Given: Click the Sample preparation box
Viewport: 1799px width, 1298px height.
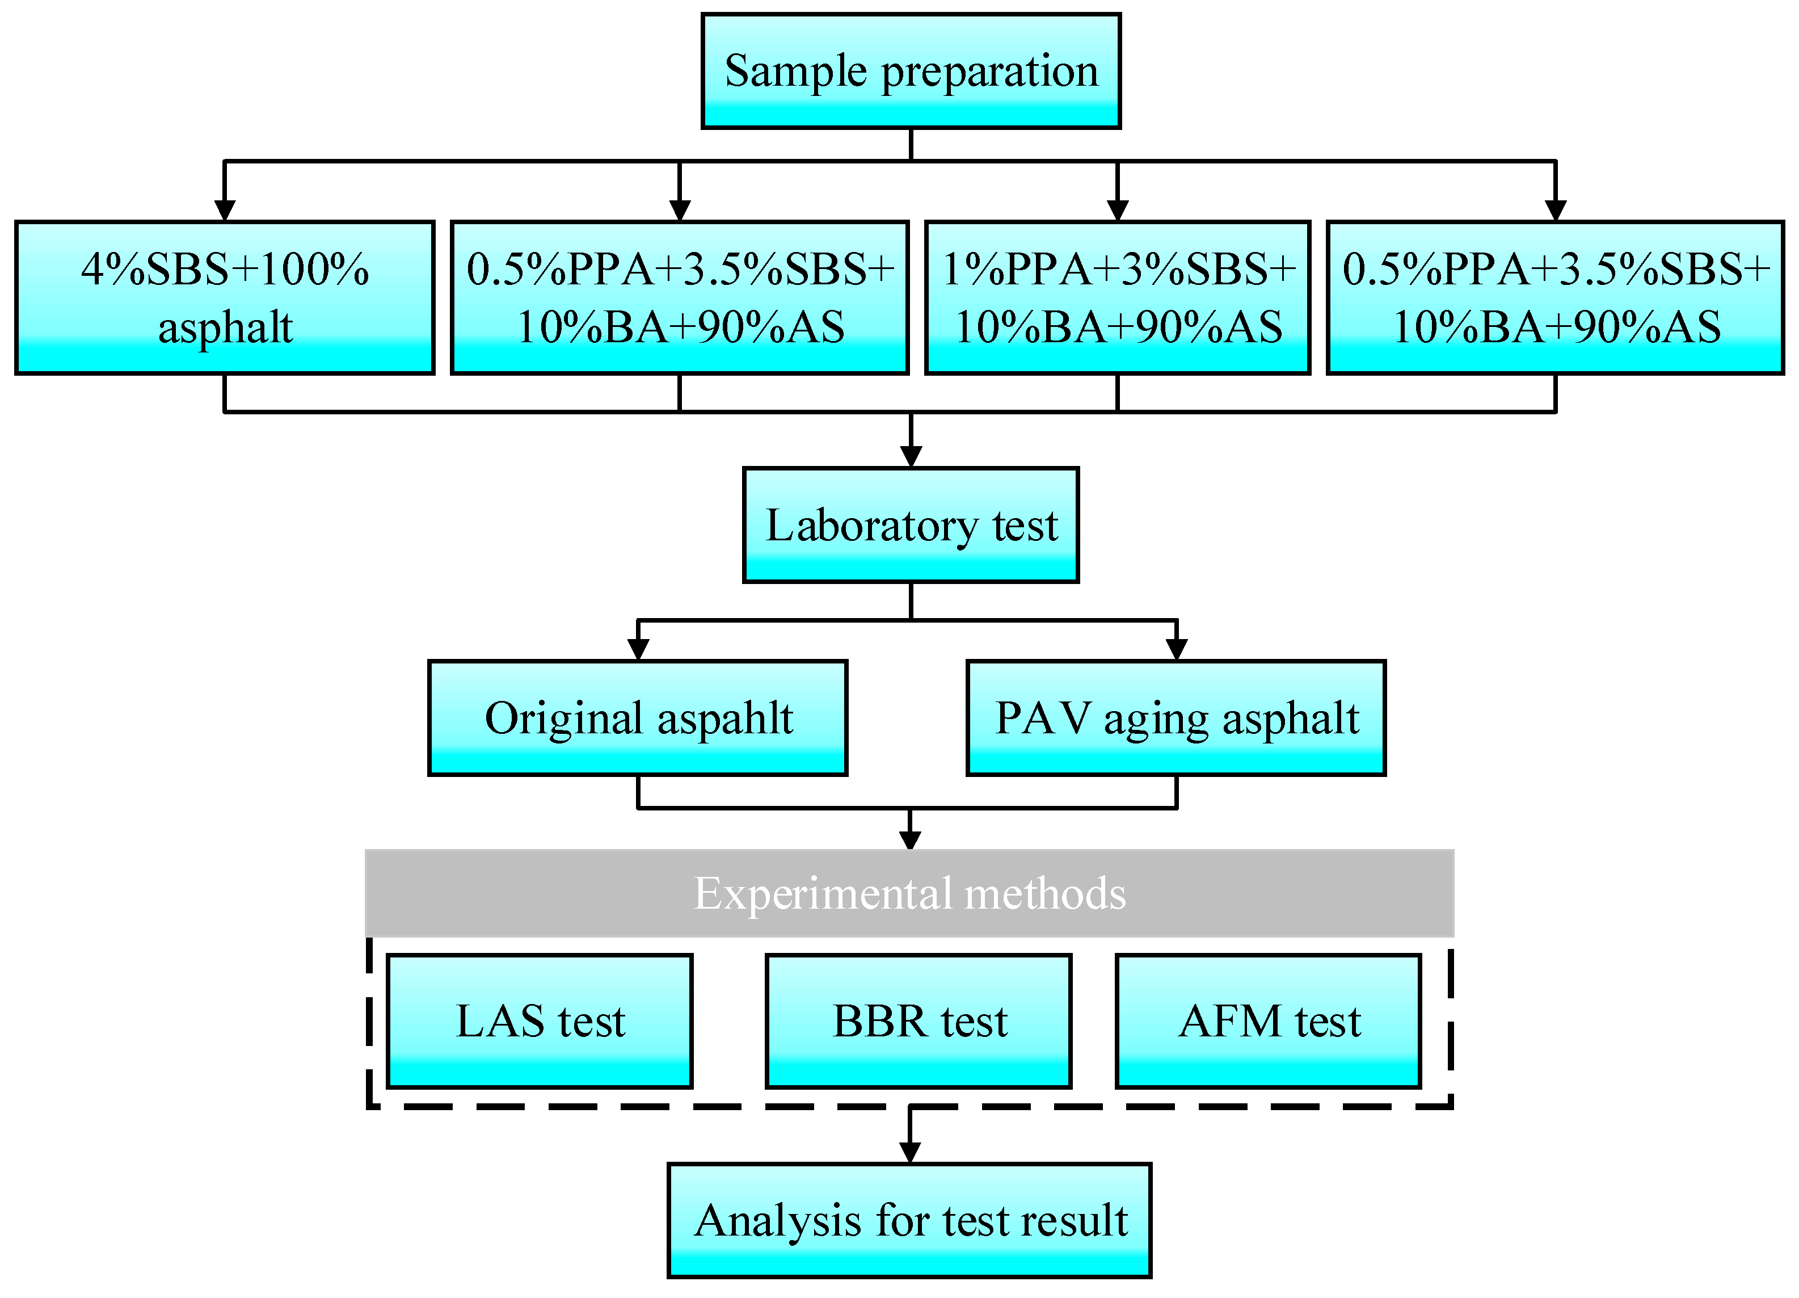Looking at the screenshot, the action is point(911,70).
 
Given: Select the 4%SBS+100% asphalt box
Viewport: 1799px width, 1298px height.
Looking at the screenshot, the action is point(225,297).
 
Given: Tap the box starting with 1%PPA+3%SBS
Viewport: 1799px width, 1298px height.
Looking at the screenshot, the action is point(1118,297).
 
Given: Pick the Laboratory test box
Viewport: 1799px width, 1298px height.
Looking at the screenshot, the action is point(911,525).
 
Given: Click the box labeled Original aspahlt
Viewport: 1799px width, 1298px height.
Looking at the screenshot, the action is point(638,718).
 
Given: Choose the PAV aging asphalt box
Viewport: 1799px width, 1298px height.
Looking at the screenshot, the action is point(1176,718).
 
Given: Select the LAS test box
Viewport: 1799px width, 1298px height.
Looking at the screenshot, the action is point(540,1021).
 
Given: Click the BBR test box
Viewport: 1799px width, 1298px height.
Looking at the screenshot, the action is point(919,1021).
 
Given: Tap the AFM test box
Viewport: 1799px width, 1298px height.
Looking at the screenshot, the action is point(1269,1021).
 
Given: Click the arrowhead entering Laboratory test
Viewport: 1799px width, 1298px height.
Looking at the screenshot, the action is point(911,456).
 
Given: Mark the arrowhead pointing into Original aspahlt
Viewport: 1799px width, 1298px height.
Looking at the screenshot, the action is point(638,649).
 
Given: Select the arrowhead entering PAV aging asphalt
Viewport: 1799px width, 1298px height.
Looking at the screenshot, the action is point(1176,649).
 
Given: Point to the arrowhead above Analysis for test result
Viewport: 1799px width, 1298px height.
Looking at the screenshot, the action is point(910,1152).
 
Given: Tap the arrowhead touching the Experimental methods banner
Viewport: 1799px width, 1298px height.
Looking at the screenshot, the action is point(910,840).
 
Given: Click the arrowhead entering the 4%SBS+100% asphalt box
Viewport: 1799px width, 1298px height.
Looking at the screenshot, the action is point(225,210).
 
